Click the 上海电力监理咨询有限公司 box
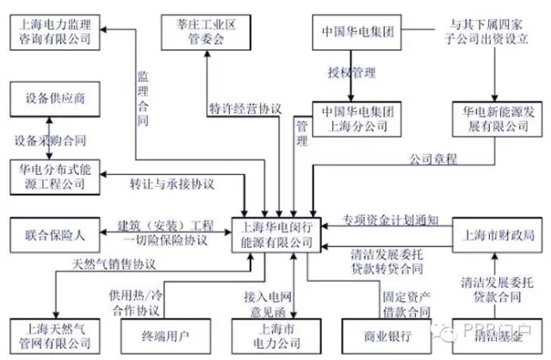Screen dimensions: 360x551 coord(56,33)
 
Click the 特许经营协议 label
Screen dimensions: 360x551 coord(245,109)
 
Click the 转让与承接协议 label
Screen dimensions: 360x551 coord(171,184)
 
